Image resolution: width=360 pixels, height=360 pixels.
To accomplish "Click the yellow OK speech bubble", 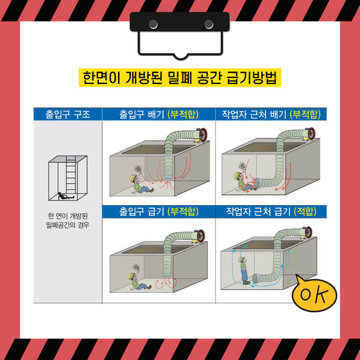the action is click(314, 293).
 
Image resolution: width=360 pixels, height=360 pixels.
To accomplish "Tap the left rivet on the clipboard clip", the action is click(153, 24).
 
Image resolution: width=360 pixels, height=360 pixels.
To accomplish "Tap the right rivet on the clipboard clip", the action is click(209, 24).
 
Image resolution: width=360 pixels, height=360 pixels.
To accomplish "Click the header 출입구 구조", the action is click(68, 115).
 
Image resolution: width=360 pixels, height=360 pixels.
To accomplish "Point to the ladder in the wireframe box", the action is click(71, 175).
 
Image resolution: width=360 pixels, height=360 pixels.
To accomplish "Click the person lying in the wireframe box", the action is click(65, 196).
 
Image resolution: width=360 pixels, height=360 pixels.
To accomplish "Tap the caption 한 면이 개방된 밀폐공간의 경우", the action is click(68, 221).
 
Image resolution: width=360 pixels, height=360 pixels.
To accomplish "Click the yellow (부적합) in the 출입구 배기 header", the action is click(183, 115).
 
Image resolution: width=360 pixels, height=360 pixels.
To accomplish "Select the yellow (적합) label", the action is click(305, 211).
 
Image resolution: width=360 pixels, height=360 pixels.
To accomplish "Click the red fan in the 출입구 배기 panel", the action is click(203, 135).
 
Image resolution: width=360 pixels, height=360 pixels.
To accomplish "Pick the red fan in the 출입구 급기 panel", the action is click(200, 236).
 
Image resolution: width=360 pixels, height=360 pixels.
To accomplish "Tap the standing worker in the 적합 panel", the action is click(244, 271).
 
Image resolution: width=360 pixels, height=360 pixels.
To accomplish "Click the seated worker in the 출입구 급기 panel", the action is click(138, 282).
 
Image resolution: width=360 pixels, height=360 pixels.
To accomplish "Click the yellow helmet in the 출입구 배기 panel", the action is click(132, 178).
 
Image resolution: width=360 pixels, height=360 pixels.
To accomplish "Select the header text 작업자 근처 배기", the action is click(254, 115).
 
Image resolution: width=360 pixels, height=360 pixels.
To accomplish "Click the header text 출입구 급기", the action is click(142, 211).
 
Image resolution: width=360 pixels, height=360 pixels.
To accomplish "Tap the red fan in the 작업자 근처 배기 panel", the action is click(310, 134).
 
